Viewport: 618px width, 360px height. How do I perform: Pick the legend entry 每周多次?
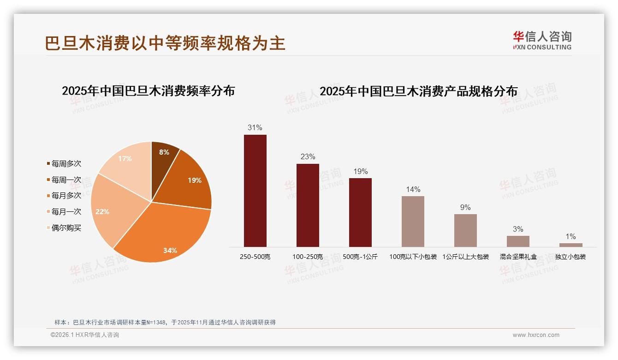point(66,164)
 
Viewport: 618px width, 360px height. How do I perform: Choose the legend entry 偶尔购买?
point(66,228)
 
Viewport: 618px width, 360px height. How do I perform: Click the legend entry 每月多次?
point(66,196)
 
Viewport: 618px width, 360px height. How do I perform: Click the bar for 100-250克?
point(308,205)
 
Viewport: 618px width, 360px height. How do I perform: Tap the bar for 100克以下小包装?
point(413,222)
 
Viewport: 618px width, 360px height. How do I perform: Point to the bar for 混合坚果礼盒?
point(518,241)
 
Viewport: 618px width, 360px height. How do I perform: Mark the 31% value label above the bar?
point(255,128)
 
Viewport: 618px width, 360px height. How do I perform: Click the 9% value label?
point(465,208)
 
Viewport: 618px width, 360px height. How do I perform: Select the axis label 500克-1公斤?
point(360,257)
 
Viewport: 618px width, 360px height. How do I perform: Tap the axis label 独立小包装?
point(570,257)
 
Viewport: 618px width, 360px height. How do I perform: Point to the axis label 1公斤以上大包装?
point(465,257)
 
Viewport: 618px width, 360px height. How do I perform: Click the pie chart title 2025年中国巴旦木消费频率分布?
point(149,91)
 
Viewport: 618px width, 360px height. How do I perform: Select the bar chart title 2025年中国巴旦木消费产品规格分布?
point(418,91)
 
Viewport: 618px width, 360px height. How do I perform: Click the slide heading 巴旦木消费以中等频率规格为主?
point(165,43)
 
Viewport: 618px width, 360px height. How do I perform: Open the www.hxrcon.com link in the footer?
point(536,335)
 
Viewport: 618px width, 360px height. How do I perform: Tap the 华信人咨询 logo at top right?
point(542,40)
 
